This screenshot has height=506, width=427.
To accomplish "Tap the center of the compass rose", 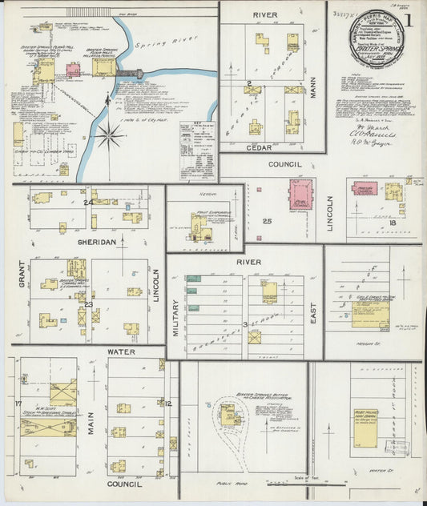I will click(110, 135).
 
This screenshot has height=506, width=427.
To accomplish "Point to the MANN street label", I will click(314, 82).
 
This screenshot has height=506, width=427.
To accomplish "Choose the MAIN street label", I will click(91, 422).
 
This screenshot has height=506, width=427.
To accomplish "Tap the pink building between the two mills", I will click(73, 70).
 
